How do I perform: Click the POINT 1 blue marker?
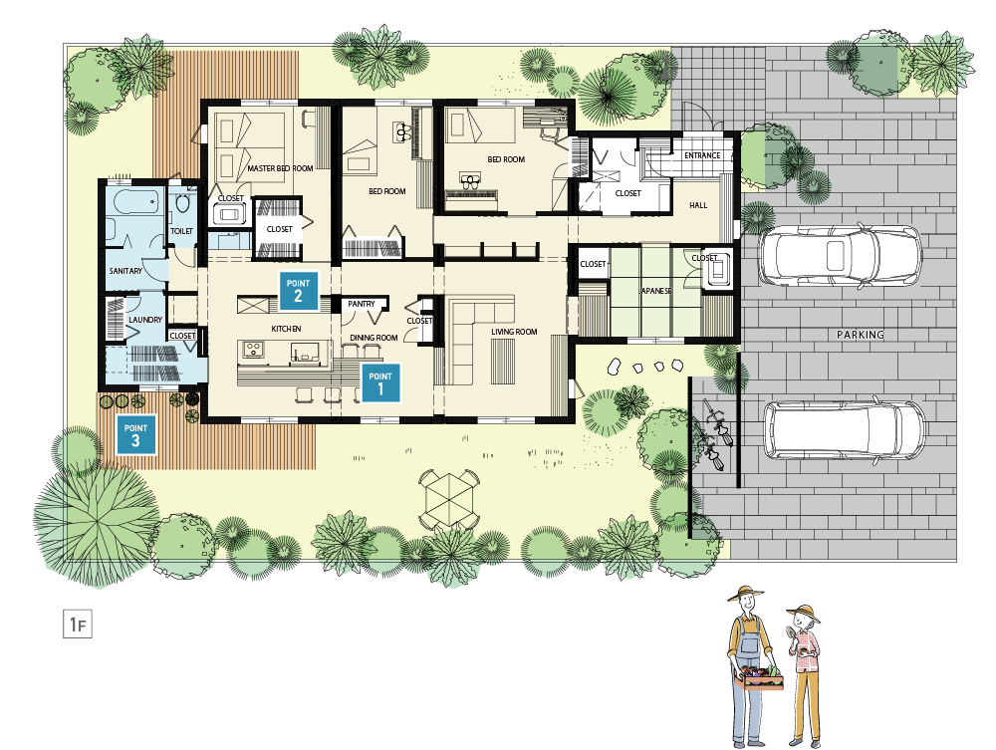pyautogui.click(x=380, y=382)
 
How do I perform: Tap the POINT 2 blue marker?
pyautogui.click(x=299, y=291)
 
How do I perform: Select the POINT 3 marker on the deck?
pyautogui.click(x=135, y=434)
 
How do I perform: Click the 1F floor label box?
pyautogui.click(x=78, y=624)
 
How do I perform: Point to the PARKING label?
pyautogui.click(x=861, y=335)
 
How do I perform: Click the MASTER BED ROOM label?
pyautogui.click(x=280, y=168)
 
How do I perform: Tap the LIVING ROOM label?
pyautogui.click(x=514, y=332)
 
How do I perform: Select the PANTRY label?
pyautogui.click(x=362, y=304)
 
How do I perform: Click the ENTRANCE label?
pyautogui.click(x=702, y=155)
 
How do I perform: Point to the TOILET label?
pyautogui.click(x=181, y=231)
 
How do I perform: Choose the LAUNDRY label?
pyautogui.click(x=145, y=320)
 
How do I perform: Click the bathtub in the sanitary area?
pyautogui.click(x=135, y=203)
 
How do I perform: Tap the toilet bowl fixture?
pyautogui.click(x=183, y=203)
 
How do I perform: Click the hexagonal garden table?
pyautogui.click(x=449, y=499)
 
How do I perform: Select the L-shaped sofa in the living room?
pyautogui.click(x=480, y=340)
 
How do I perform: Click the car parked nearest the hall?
pyautogui.click(x=840, y=255)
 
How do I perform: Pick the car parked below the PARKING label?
pyautogui.click(x=845, y=430)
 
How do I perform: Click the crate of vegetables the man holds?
pyautogui.click(x=758, y=678)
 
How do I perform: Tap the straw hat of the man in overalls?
pyautogui.click(x=746, y=594)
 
